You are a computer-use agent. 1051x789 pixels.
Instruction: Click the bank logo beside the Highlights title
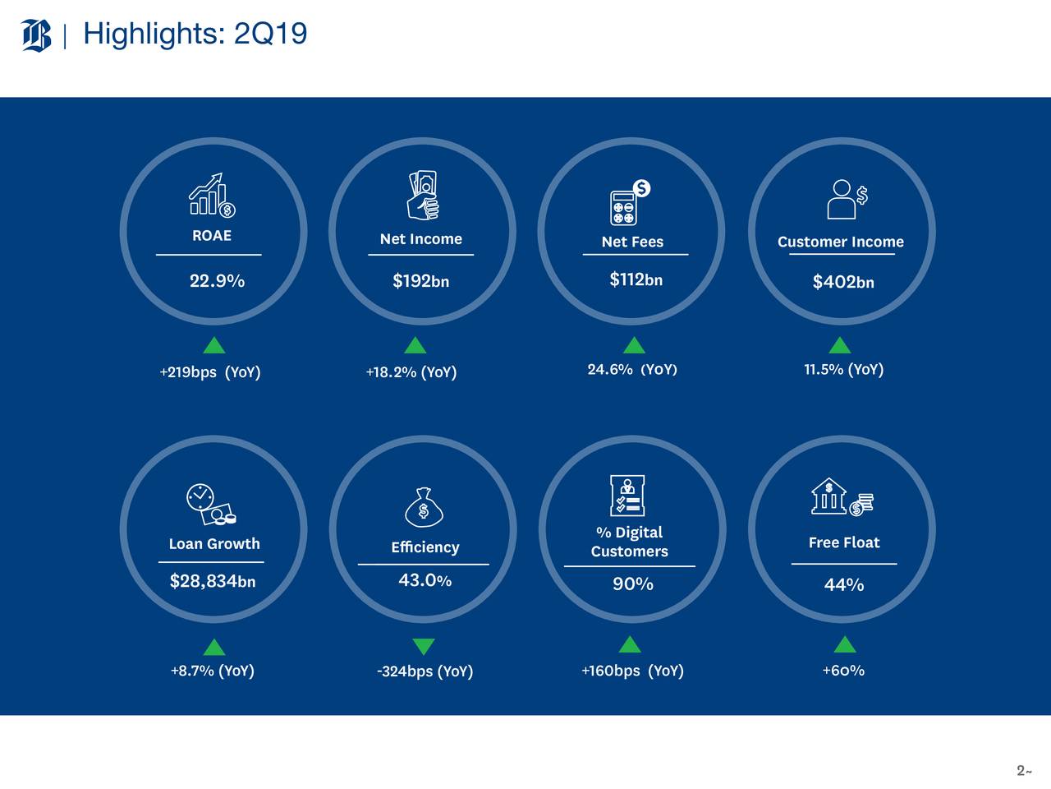[36, 35]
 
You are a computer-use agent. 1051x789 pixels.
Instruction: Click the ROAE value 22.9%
[217, 281]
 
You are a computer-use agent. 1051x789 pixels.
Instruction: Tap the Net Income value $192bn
[420, 281]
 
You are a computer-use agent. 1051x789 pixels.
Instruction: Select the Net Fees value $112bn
[636, 279]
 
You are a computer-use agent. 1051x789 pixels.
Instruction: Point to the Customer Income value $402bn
[842, 282]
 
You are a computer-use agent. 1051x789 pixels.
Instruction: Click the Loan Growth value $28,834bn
[213, 582]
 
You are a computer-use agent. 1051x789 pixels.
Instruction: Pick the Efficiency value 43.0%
[425, 580]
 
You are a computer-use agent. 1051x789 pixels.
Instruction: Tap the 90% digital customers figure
[632, 584]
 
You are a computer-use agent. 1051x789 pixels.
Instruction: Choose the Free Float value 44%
[843, 584]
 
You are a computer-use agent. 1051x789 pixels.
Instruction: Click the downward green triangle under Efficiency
[423, 647]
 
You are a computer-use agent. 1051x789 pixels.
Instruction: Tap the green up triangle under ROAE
[213, 345]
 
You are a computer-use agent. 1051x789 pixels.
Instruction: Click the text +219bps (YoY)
[210, 372]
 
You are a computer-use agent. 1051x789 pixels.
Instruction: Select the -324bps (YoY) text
[425, 671]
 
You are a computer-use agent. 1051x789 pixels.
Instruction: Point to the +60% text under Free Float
[842, 671]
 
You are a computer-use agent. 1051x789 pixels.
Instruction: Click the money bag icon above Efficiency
[424, 507]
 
